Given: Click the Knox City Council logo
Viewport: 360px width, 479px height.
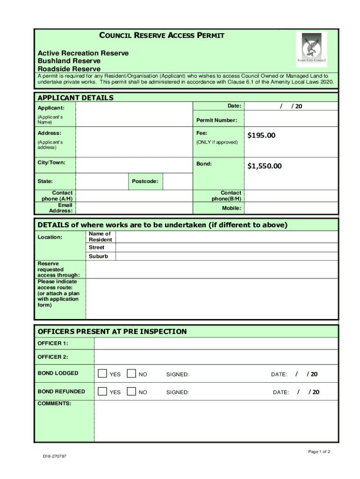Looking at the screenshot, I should click(312, 50).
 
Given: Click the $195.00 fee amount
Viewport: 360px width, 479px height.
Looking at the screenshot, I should click(261, 136).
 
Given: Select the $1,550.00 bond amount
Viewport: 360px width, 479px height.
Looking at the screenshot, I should click(264, 166).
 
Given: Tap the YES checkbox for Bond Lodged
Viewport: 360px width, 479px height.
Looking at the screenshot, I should click(102, 374).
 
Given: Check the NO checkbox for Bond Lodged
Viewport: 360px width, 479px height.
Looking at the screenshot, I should click(131, 374).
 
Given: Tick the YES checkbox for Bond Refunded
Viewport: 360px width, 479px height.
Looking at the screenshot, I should click(102, 392).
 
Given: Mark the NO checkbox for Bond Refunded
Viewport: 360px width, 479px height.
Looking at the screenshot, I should click(131, 392).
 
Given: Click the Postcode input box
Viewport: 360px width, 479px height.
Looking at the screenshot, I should click(177, 181).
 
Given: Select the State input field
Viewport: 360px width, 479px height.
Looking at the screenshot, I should click(101, 181).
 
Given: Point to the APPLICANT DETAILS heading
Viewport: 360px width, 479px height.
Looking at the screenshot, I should click(75, 98).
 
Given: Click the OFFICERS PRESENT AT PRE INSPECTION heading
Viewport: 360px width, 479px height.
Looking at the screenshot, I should click(112, 332).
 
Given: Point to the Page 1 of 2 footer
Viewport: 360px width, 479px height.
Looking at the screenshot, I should click(319, 451).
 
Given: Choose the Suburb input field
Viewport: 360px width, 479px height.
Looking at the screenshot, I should click(226, 256).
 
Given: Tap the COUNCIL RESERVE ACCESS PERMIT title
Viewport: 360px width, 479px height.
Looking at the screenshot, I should click(162, 36).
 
